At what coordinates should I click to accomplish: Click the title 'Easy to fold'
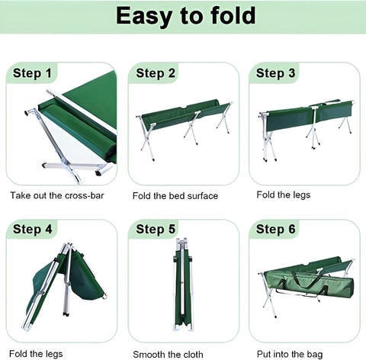(x=185, y=16)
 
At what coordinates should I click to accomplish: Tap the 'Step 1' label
(x=32, y=73)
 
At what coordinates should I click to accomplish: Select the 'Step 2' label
(x=156, y=73)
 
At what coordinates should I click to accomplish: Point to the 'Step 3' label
(x=275, y=73)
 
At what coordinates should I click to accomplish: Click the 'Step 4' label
(x=32, y=229)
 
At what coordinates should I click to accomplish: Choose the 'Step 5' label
(x=156, y=229)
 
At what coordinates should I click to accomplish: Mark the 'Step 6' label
(x=275, y=229)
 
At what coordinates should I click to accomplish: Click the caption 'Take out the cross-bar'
(x=57, y=195)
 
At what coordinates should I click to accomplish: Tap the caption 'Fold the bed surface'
(x=175, y=196)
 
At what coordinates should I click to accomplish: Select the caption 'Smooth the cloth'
(x=168, y=354)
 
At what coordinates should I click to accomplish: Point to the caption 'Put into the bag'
(x=290, y=354)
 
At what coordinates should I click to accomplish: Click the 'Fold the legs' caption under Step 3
(x=284, y=195)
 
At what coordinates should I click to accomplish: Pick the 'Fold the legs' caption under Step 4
(x=36, y=354)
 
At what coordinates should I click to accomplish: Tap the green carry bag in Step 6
(x=309, y=284)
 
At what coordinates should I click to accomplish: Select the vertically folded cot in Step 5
(x=183, y=284)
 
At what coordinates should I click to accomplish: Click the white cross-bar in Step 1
(x=82, y=111)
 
